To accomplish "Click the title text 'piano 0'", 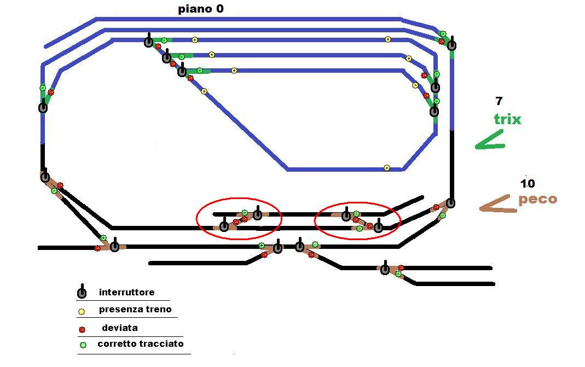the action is [x=201, y=9].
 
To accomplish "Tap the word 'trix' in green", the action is [x=507, y=119].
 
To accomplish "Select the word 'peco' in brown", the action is [x=537, y=199].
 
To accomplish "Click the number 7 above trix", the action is [x=499, y=101].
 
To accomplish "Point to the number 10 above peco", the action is [x=528, y=184].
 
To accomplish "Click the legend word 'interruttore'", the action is [x=126, y=292].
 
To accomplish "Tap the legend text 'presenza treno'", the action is [x=135, y=309].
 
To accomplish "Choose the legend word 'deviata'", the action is [x=120, y=328].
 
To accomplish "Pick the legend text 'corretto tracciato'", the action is [x=140, y=343].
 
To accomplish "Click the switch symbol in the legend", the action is [x=82, y=292].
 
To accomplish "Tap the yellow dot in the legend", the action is [x=82, y=311].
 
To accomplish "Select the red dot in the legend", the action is [x=82, y=329].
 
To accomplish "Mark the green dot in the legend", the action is [x=83, y=345].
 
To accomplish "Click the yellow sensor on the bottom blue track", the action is [x=387, y=168].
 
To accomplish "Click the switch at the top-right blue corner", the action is [x=452, y=44].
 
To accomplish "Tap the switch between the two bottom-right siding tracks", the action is [x=385, y=269].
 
